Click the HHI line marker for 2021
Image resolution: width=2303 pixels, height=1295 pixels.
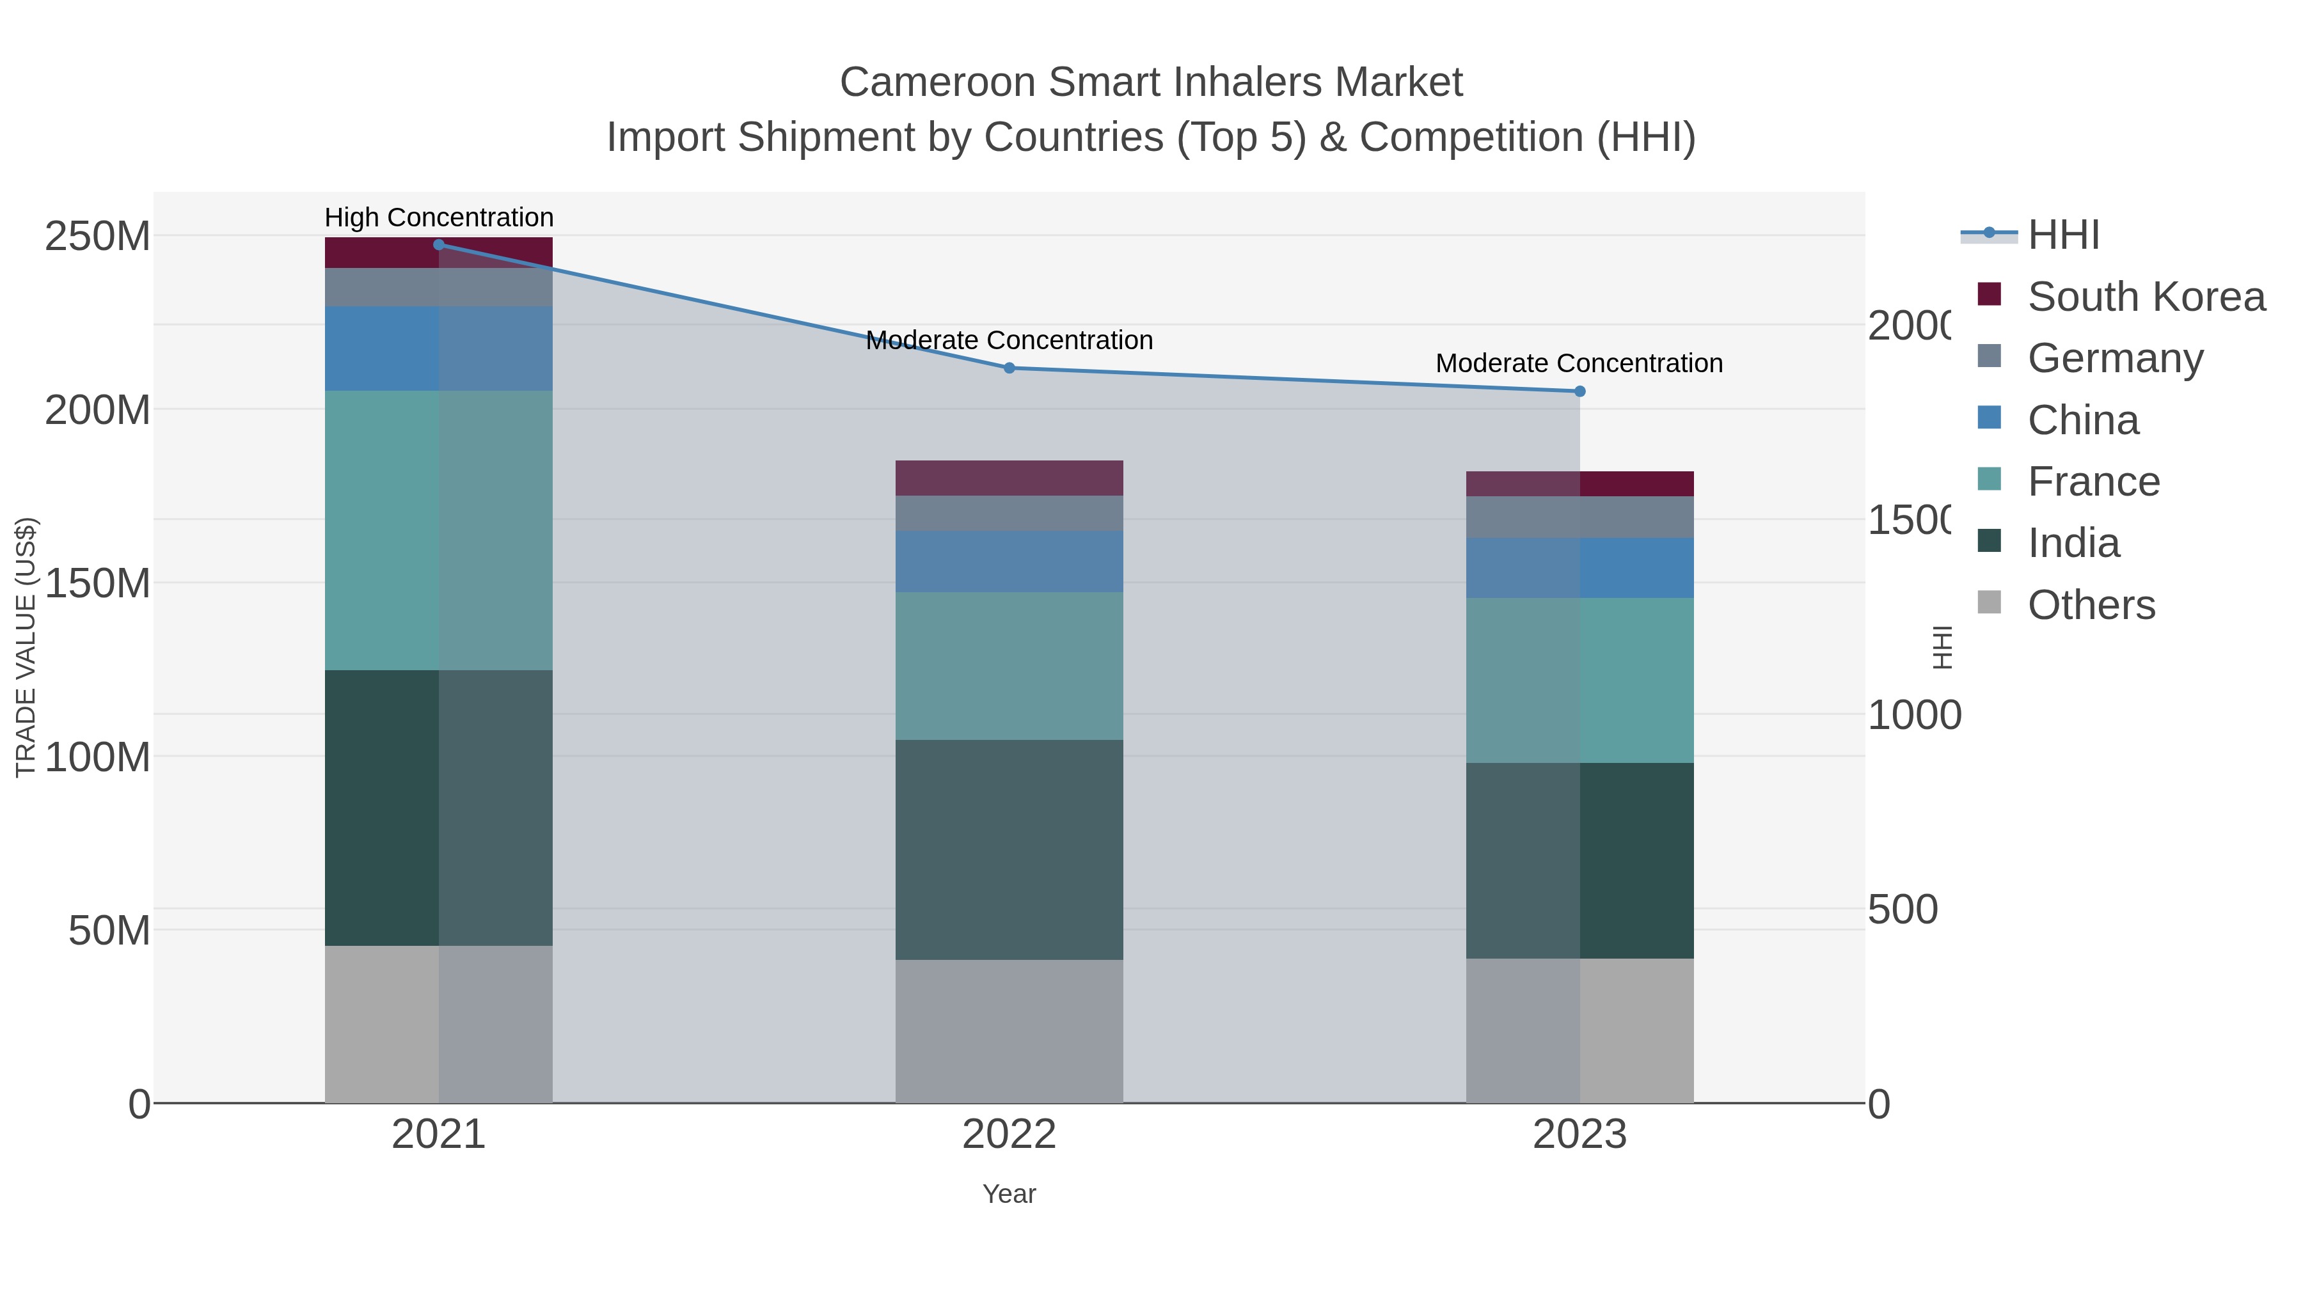[x=438, y=245]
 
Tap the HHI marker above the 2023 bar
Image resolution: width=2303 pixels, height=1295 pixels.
[x=1579, y=391]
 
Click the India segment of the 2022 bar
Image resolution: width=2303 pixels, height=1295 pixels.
[x=1008, y=849]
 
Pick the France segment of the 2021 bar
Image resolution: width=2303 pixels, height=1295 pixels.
[x=438, y=530]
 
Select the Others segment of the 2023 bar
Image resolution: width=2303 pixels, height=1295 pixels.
[x=1579, y=1030]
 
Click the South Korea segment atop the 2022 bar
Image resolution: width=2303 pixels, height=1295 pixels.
[x=1008, y=478]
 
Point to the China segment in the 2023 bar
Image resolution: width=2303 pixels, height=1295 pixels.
[x=1579, y=567]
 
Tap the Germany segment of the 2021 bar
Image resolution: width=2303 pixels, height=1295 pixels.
[x=438, y=287]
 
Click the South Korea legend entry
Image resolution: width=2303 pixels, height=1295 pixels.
[x=2146, y=297]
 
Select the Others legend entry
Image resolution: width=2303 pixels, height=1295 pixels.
[x=2090, y=605]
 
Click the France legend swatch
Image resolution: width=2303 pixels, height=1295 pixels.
[x=1989, y=479]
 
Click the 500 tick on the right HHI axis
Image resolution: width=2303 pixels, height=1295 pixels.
[x=1903, y=910]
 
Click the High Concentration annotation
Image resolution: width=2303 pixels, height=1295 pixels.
[x=438, y=217]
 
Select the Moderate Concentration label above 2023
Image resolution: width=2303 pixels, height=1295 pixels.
[x=1579, y=364]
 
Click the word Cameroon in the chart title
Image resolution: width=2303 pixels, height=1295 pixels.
[x=937, y=82]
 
